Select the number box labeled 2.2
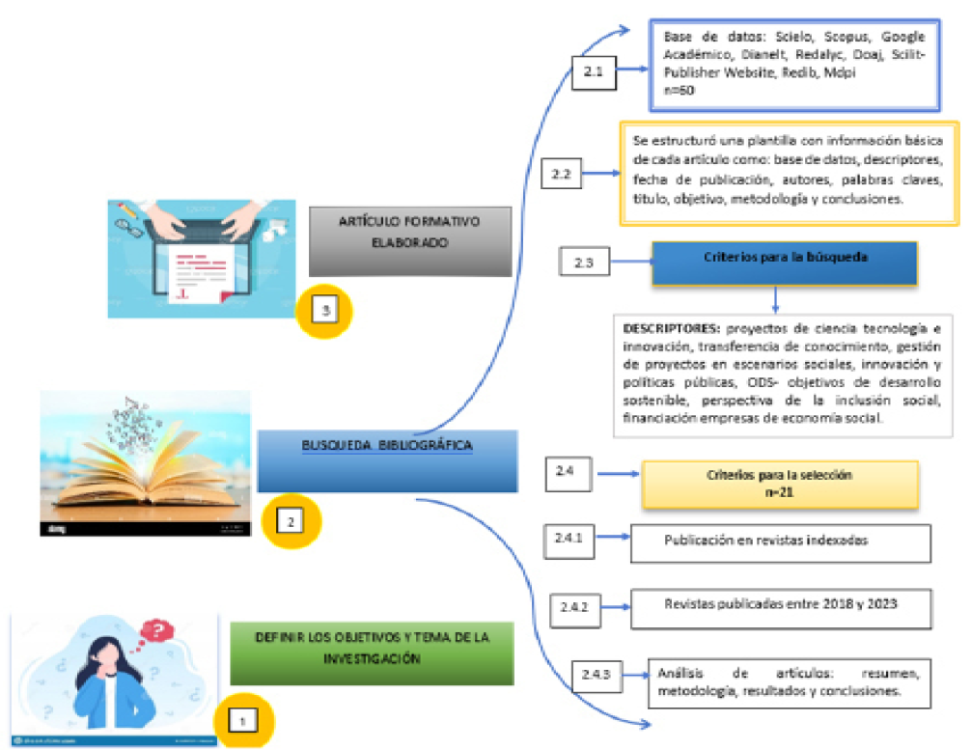tap(562, 174)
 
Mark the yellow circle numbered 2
tap(291, 520)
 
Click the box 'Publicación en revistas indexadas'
tap(780, 542)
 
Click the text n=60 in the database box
tap(681, 90)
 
